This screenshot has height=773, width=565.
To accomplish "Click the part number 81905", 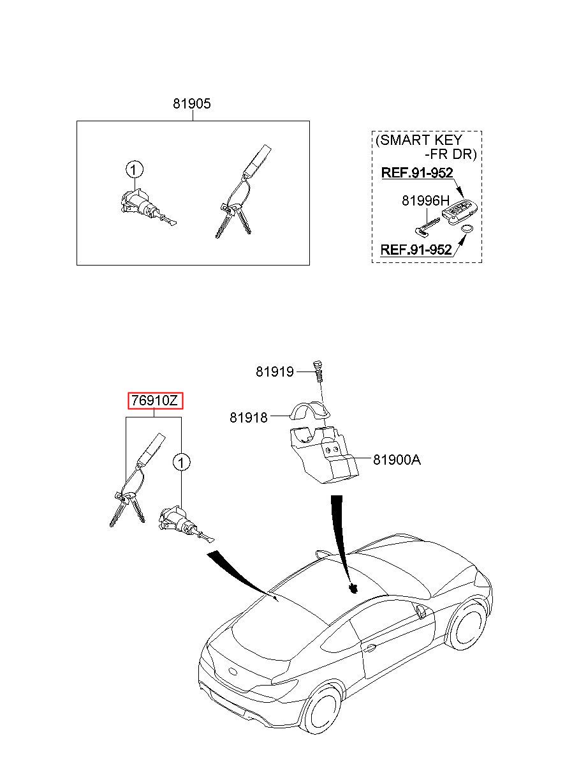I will pyautogui.click(x=191, y=103).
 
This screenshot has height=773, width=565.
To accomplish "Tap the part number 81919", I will pyautogui.click(x=275, y=371).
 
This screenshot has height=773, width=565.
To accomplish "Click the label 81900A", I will pyautogui.click(x=397, y=459).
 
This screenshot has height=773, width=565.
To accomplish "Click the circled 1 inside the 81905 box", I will pyautogui.click(x=134, y=170).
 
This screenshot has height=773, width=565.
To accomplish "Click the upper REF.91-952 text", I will pyautogui.click(x=416, y=173).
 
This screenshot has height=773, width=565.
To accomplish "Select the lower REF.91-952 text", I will pyautogui.click(x=416, y=250).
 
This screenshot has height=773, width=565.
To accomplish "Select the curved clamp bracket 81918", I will pyautogui.click(x=310, y=412).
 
